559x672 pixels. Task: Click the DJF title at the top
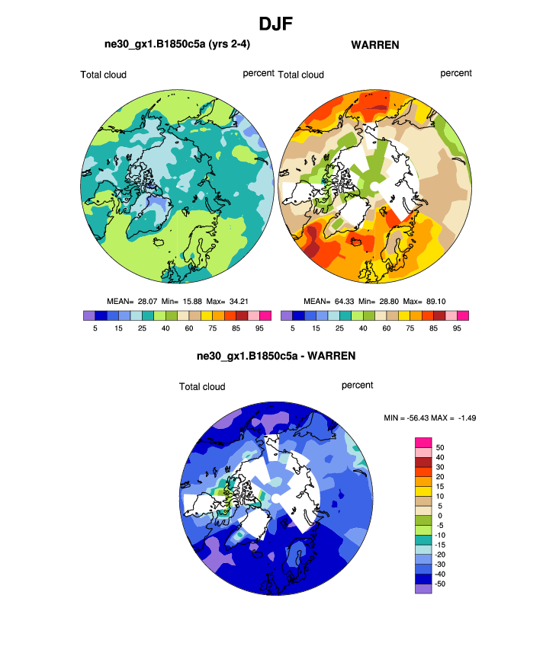(x=279, y=24)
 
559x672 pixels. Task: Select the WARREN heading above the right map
(x=375, y=45)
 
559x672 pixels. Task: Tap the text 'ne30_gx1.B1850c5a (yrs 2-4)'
(x=178, y=44)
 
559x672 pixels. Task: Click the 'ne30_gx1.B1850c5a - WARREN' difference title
(x=276, y=356)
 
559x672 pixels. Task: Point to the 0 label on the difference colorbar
(x=439, y=516)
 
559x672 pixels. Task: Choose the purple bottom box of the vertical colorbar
(x=423, y=587)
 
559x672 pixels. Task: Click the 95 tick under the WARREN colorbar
(x=457, y=328)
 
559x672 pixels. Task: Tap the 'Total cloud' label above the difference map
(x=202, y=387)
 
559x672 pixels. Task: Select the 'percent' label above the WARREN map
(x=456, y=73)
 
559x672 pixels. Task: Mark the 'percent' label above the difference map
(x=357, y=386)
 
